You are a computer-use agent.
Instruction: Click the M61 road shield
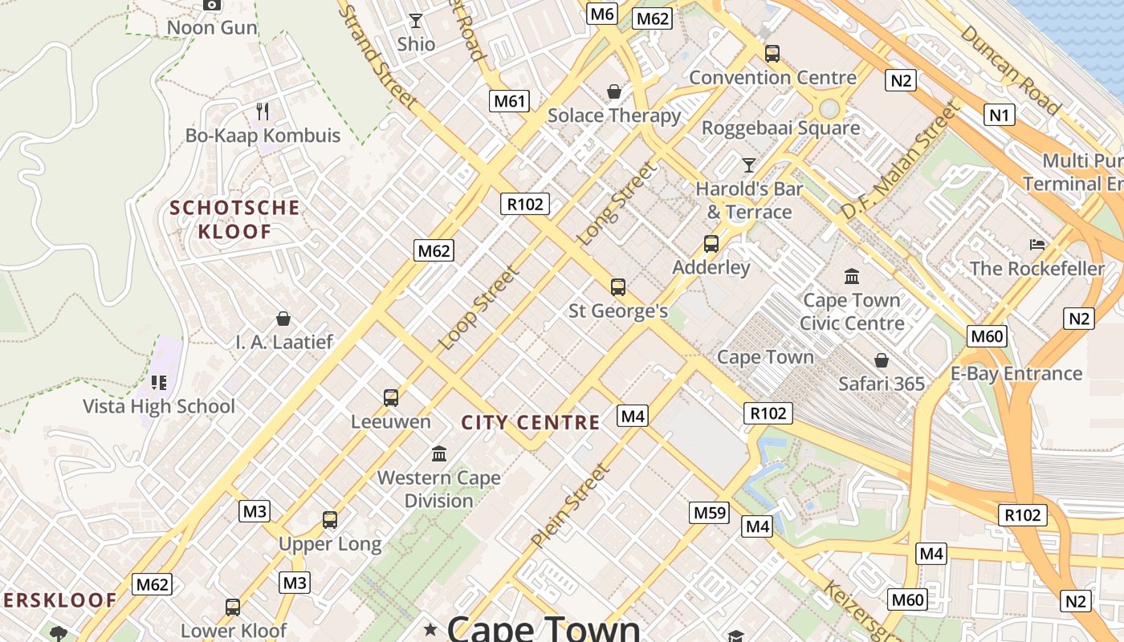511,101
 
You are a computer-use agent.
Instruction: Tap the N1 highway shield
999,115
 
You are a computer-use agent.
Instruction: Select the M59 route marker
710,512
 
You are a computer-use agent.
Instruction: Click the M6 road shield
601,14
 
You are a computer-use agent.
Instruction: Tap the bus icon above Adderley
711,244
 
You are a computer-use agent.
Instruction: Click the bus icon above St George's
617,287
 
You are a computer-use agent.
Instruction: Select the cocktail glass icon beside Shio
416,21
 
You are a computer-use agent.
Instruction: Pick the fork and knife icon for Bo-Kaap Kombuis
262,111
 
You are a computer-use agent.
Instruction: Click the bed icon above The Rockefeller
1037,244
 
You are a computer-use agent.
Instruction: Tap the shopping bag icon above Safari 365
882,360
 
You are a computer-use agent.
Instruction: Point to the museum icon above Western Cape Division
438,454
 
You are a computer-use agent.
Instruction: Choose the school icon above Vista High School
158,382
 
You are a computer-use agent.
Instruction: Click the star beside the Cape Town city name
431,630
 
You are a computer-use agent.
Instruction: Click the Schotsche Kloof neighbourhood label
234,220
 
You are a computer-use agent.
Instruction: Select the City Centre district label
531,422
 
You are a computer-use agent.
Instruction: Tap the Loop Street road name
479,308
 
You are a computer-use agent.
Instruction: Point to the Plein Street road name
570,507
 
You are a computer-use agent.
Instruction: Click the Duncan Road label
1011,70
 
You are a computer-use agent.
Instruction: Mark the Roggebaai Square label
780,128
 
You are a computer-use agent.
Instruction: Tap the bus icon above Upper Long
329,520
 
